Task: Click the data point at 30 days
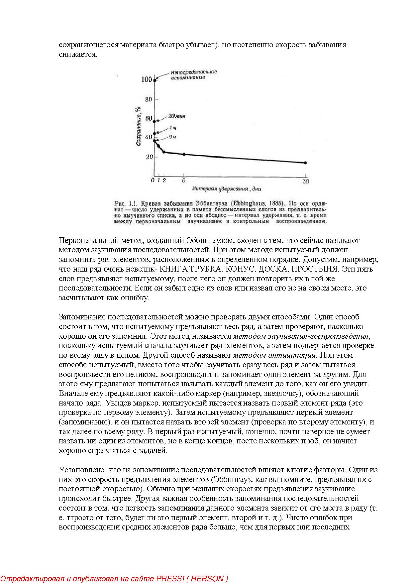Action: click(305, 163)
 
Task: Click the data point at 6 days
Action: click(184, 154)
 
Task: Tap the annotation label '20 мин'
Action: click(176, 116)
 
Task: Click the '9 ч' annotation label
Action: click(172, 137)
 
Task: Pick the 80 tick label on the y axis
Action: click(148, 99)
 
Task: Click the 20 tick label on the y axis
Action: click(149, 157)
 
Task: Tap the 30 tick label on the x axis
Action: click(306, 181)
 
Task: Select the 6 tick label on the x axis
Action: click(184, 181)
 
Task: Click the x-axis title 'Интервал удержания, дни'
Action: click(226, 189)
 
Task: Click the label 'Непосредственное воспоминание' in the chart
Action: click(194, 75)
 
